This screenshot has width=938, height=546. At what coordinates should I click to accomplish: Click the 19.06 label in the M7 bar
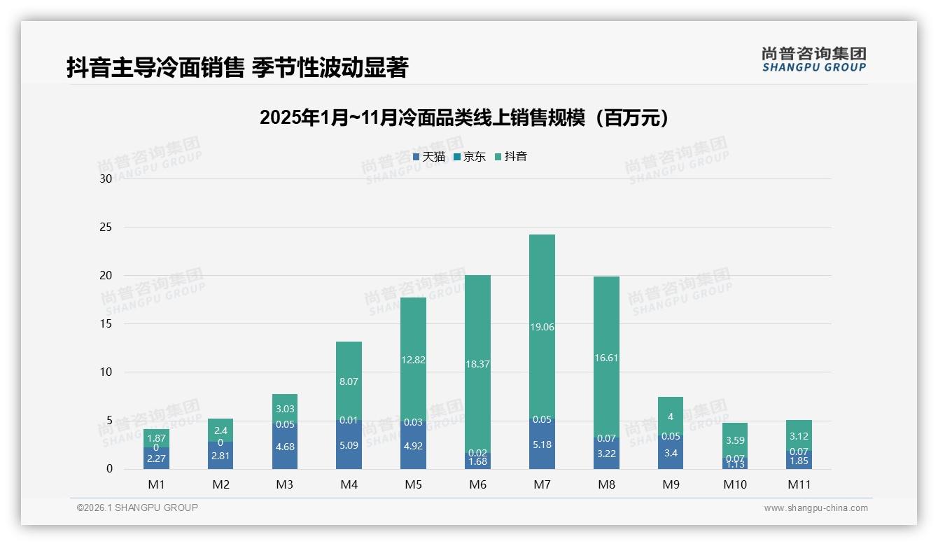point(542,327)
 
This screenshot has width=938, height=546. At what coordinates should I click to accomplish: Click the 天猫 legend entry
point(428,157)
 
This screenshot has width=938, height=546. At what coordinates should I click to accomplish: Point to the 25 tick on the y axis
point(106,227)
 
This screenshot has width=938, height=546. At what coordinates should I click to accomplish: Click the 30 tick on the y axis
point(106,178)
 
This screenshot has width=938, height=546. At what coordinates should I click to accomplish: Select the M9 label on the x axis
point(671,484)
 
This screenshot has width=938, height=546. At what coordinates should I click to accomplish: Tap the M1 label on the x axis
point(156,484)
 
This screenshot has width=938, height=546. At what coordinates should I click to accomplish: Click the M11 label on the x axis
point(799,484)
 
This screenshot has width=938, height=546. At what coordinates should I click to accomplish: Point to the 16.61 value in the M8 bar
point(606,358)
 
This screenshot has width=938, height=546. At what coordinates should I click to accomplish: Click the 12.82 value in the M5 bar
point(413,360)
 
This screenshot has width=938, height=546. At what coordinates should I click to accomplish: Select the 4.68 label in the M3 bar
point(285,447)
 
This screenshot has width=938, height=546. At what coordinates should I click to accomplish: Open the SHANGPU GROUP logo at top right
point(813,59)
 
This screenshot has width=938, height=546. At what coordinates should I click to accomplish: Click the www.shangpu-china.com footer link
point(815,508)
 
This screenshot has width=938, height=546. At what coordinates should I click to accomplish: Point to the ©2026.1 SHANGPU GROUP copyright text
point(137,507)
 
